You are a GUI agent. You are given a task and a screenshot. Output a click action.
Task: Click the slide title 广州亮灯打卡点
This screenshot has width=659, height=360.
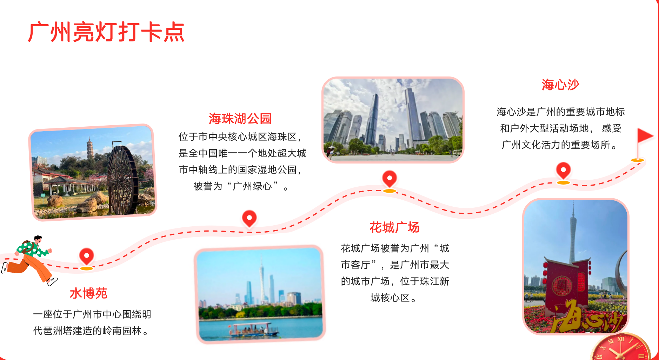(x=106, y=32)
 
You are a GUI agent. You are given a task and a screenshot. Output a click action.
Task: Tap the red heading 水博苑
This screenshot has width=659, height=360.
(x=88, y=293)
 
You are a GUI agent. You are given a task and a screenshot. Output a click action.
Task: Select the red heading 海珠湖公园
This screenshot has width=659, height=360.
(x=240, y=119)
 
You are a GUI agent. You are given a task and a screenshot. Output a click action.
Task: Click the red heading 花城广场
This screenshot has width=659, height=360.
(x=395, y=227)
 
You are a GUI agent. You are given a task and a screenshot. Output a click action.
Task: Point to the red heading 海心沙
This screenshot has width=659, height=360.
(x=560, y=85)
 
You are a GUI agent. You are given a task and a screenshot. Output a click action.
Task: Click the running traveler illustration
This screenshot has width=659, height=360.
(x=29, y=260)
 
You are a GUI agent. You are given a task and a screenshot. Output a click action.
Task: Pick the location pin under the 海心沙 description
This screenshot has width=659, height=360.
(x=563, y=173)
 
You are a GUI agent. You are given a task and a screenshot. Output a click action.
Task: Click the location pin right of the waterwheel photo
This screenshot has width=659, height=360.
(x=249, y=219)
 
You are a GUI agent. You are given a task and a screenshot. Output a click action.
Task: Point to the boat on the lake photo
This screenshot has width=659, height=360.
(x=253, y=330)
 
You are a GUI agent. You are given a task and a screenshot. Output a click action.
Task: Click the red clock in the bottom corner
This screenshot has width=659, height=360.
(x=620, y=347)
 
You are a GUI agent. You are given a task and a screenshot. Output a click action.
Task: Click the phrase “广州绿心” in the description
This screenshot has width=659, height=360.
(x=252, y=186)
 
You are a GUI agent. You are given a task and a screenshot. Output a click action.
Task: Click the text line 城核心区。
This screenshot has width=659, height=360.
(x=395, y=298)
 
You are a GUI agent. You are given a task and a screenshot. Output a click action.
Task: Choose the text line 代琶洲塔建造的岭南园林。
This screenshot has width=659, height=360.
(x=92, y=331)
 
